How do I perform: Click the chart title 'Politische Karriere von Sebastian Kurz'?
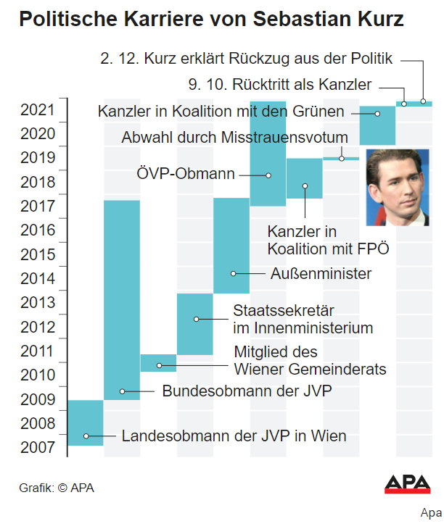pyautogui.click(x=211, y=20)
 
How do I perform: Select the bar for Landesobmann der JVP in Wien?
pyautogui.click(x=85, y=422)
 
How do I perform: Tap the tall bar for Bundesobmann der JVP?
pyautogui.click(x=122, y=299)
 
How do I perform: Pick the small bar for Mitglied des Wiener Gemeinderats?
pyautogui.click(x=158, y=362)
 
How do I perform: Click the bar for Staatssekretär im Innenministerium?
pyautogui.click(x=194, y=324)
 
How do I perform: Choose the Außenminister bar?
pyautogui.click(x=231, y=245)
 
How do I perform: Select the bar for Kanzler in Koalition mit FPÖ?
pyautogui.click(x=304, y=178)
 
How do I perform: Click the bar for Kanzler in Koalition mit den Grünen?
pyautogui.click(x=378, y=125)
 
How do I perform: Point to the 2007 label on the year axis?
pyautogui.click(x=37, y=447)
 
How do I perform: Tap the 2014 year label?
pyautogui.click(x=37, y=278)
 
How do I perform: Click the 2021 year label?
pyautogui.click(x=37, y=110)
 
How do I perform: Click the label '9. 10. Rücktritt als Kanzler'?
pyautogui.click(x=280, y=84)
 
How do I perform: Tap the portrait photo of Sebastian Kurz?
pyautogui.click(x=398, y=187)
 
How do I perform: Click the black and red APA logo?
pyautogui.click(x=406, y=485)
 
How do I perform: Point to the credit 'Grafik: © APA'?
pyautogui.click(x=57, y=488)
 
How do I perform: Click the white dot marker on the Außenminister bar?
pyautogui.click(x=234, y=273)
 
